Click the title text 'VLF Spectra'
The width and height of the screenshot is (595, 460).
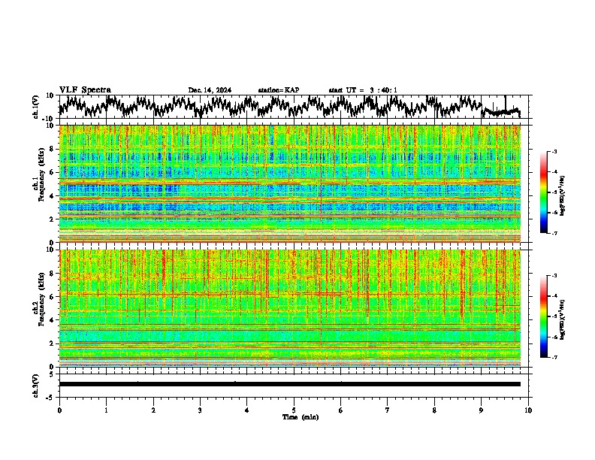[x=85, y=89]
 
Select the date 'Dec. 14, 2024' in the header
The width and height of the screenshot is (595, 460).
[x=210, y=90]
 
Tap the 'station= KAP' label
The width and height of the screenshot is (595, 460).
[x=279, y=90]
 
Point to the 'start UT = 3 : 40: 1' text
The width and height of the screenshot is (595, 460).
[x=363, y=90]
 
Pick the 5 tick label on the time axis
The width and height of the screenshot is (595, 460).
[x=294, y=410]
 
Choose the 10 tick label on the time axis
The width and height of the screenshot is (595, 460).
[x=528, y=410]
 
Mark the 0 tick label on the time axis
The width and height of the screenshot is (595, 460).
[x=59, y=410]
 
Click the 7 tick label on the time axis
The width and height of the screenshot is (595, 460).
[x=388, y=410]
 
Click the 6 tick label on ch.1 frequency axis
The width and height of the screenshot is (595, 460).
[x=52, y=172]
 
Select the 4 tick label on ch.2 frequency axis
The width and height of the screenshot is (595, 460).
[x=52, y=319]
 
